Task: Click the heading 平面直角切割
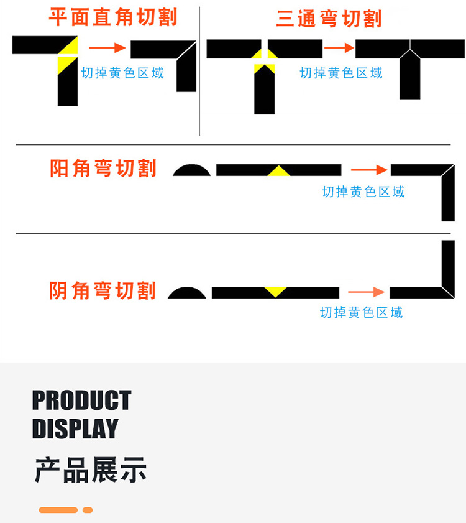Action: coord(112,17)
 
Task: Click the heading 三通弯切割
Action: coord(329,19)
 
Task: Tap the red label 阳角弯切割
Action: coord(103,169)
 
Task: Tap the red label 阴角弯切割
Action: coord(103,290)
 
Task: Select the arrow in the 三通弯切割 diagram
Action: coord(339,47)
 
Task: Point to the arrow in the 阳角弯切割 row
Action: coord(369,169)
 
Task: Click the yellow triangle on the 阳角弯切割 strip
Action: coord(279,171)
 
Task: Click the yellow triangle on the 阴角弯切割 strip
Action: coord(275,290)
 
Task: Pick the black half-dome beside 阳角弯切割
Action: coord(191,170)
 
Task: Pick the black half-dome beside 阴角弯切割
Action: coord(187,293)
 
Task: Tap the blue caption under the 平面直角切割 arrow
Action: coord(122,73)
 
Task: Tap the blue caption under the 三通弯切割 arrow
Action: coord(341,73)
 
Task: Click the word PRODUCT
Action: coord(81,400)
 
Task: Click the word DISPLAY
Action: coord(75,428)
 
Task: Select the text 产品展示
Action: coord(90,470)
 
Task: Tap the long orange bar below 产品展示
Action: coord(58,510)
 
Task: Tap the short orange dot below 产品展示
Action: coord(88,510)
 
